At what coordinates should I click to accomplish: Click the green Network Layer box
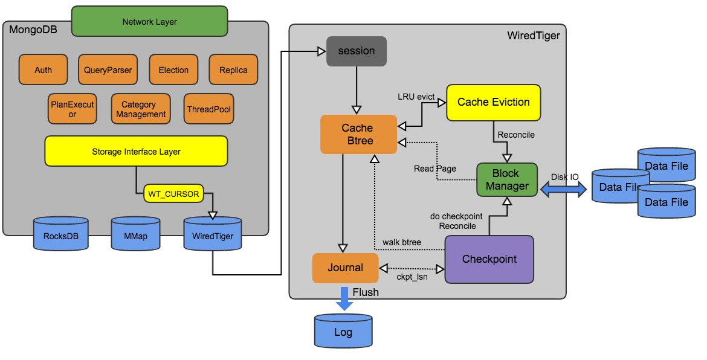click(149, 21)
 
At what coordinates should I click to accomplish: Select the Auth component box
click(43, 69)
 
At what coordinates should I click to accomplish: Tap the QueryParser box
click(108, 69)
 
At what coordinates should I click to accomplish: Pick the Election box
click(173, 69)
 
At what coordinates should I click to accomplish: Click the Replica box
click(233, 69)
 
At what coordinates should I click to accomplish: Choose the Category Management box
click(141, 109)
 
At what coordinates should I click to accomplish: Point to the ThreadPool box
click(209, 109)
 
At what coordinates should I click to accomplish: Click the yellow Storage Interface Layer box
click(136, 151)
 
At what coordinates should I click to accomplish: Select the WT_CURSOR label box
click(173, 194)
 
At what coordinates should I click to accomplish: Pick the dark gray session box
click(356, 51)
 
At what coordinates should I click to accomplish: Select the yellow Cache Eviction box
click(493, 102)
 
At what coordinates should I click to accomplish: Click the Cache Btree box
click(357, 135)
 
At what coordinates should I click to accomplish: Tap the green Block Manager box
click(506, 180)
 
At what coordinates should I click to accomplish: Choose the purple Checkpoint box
click(489, 259)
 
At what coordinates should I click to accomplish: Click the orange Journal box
click(345, 268)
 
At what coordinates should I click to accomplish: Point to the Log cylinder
click(343, 330)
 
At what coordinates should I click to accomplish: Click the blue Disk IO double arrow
click(563, 189)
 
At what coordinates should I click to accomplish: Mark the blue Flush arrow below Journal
click(344, 298)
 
